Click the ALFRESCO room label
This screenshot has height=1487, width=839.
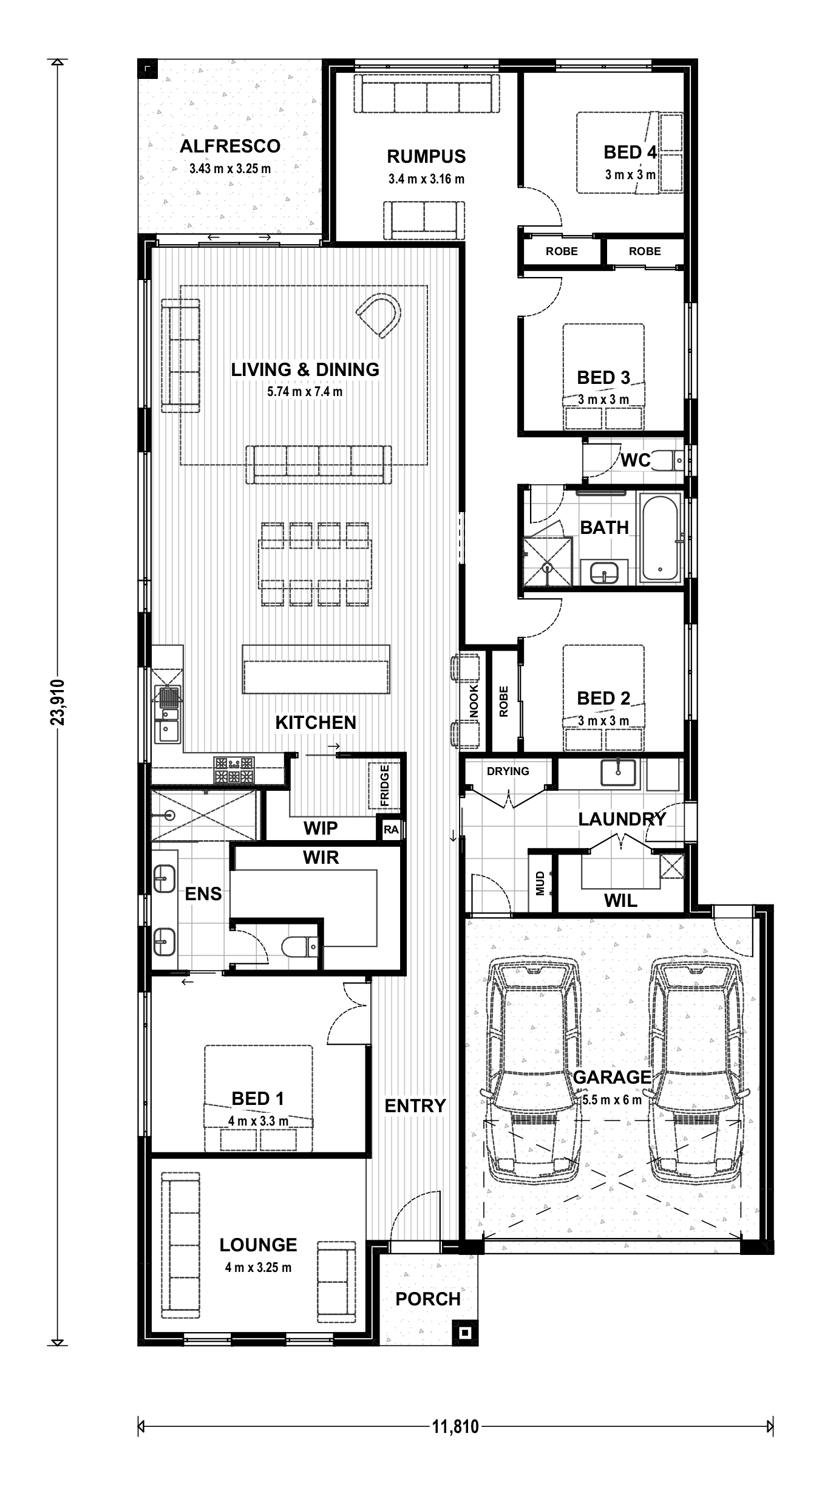[x=230, y=146]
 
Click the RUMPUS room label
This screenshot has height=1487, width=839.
[x=426, y=156]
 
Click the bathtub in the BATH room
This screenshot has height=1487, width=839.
[x=660, y=539]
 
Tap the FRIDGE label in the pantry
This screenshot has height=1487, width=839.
[x=384, y=786]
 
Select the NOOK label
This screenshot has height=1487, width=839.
[x=474, y=701]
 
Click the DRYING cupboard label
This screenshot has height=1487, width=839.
[x=508, y=771]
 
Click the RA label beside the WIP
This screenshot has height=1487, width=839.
[x=391, y=829]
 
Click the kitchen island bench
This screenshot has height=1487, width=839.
[x=316, y=669]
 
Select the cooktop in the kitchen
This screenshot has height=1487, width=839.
[x=234, y=770]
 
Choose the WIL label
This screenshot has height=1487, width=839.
[x=620, y=901]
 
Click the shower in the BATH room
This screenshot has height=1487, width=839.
[x=548, y=561]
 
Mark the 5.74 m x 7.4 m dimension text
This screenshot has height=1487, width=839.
[x=305, y=392]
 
